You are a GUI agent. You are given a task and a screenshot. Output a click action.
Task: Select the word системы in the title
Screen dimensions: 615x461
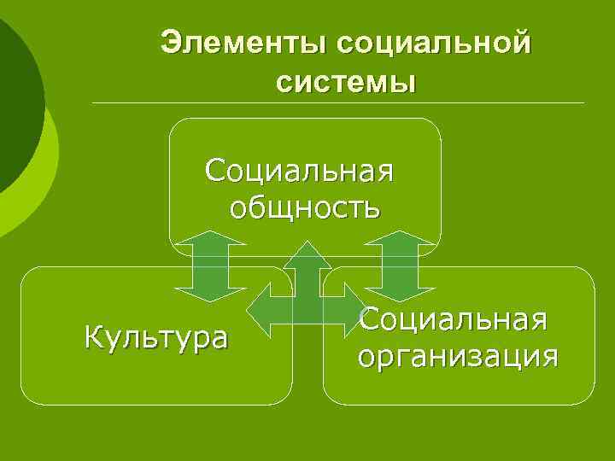pos(345,82)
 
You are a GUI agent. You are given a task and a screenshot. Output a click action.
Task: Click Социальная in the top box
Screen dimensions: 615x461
pos(299,170)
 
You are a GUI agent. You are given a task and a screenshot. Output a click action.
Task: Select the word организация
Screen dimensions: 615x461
pos(459,355)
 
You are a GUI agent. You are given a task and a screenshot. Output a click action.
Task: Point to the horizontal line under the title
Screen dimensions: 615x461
pos(338,103)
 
